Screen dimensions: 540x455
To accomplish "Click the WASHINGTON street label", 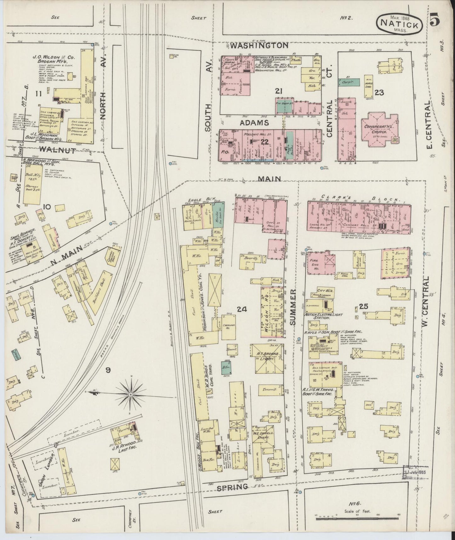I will pyautogui.click(x=259, y=46).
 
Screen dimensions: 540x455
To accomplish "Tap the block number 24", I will pyautogui.click(x=242, y=310).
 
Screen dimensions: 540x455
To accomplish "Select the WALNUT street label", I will pyautogui.click(x=58, y=151).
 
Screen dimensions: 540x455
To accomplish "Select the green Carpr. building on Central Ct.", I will pyautogui.click(x=348, y=83).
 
